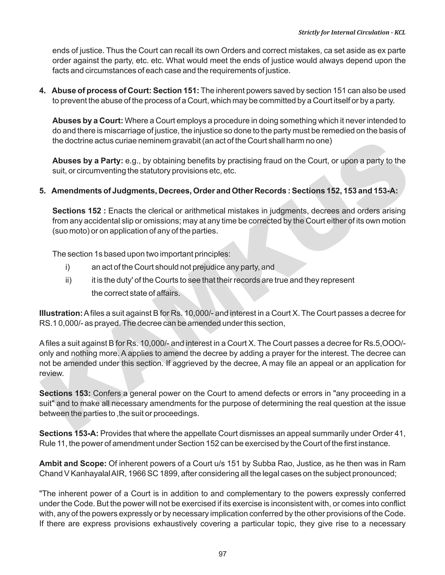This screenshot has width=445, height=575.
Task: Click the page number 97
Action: pos(222,554)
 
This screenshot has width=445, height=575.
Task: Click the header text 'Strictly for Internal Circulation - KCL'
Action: pos(352,32)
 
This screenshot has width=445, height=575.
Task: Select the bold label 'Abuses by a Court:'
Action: pos(88,121)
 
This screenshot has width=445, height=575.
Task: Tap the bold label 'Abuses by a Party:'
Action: pos(88,161)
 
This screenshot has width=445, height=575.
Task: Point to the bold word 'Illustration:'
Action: pos(61,313)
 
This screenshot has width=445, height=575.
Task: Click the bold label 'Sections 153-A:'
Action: pos(69,433)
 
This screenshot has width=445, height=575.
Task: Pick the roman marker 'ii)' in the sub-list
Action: pos(68,280)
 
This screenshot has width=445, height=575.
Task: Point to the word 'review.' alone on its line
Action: pos(52,373)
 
